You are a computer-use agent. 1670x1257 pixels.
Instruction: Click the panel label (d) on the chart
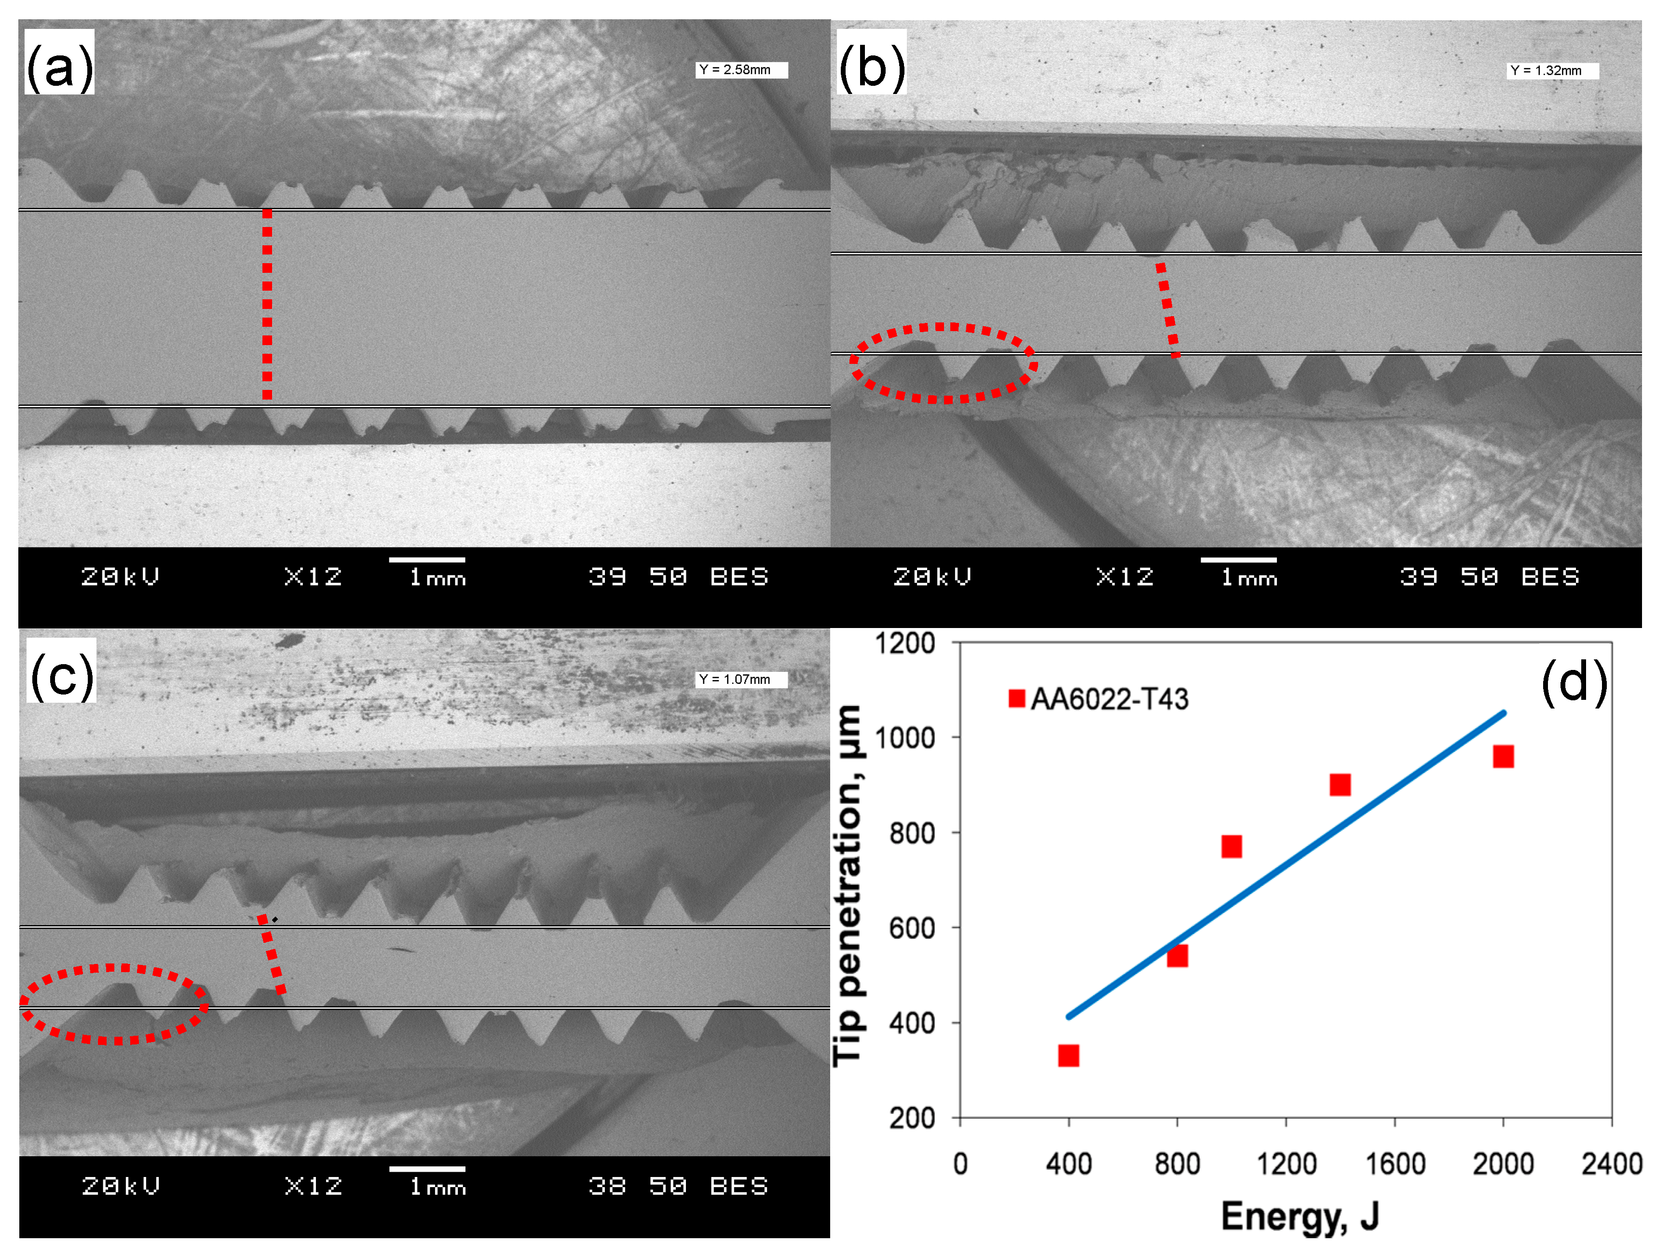pyautogui.click(x=1574, y=682)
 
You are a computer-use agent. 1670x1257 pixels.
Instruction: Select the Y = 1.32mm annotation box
pyautogui.click(x=1552, y=71)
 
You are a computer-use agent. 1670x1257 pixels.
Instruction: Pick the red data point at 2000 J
pyautogui.click(x=1503, y=757)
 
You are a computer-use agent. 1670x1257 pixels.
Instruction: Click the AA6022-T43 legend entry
pyautogui.click(x=1098, y=699)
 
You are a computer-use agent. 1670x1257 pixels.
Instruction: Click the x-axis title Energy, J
pyautogui.click(x=1300, y=1216)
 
